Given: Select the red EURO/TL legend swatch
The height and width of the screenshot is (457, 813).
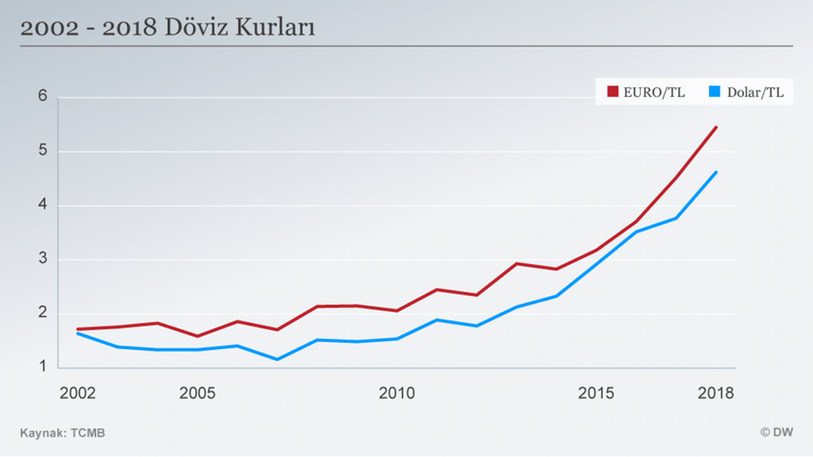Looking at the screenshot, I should pos(612,92).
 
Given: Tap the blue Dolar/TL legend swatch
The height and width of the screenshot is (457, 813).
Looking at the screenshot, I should pos(714,92).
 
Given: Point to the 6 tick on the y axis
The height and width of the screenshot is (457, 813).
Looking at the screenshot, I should pos(42,98).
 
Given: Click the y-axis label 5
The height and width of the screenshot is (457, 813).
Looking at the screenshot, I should pos(42,152).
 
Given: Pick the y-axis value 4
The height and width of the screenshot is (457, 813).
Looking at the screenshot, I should pos(42,206).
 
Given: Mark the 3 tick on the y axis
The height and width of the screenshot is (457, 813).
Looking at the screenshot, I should pos(42,259).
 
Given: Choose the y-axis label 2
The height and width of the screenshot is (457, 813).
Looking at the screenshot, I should pos(42,314).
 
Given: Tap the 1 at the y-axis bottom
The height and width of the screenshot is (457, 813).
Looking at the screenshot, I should pos(42,367).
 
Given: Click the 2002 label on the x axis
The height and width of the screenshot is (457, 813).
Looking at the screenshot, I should pos(77,393).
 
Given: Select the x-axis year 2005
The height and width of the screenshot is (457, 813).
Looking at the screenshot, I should pos(197,393).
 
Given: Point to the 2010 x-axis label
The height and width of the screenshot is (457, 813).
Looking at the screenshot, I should pos(397,393).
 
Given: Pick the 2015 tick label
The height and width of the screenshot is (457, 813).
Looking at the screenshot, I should pos(597,393).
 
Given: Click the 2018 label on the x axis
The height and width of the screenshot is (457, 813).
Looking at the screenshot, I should pos(716,393).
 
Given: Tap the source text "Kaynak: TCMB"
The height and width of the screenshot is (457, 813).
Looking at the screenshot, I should pos(63,432).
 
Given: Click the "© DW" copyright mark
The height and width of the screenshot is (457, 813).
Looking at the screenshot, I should pos(777,432).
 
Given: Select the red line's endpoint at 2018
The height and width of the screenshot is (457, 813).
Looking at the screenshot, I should pos(716,127).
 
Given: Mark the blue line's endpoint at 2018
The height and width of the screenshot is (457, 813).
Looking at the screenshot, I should pos(716,172).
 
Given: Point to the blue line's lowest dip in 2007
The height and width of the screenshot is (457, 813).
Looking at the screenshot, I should pos(277,359).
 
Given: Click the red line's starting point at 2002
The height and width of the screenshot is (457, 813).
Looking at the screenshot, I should pos(78,329).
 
